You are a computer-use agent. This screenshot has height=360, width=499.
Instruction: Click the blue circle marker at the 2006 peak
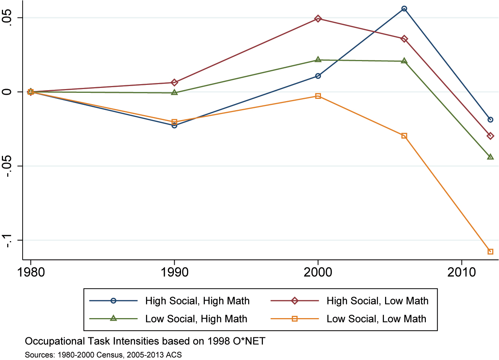[x=404, y=9]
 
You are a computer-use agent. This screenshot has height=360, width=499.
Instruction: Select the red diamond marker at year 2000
[x=318, y=19]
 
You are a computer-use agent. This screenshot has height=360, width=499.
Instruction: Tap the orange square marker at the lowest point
[x=490, y=252]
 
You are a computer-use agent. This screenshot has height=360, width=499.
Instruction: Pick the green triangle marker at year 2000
[x=318, y=60]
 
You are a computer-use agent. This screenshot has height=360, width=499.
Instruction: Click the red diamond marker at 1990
[x=174, y=83]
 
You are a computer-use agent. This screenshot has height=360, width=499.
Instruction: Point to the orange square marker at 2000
[x=318, y=96]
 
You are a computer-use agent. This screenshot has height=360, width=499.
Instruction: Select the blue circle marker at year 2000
[x=318, y=76]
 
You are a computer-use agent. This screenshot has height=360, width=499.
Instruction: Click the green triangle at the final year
[x=490, y=157]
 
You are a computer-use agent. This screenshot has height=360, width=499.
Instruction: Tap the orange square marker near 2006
[x=404, y=136]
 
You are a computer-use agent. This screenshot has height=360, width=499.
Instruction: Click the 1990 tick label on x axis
[x=174, y=272]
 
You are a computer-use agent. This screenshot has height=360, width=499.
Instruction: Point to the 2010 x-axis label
[x=462, y=272]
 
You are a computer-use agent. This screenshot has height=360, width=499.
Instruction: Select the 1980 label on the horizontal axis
[x=31, y=272]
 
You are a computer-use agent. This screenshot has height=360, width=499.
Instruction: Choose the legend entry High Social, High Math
[x=197, y=301]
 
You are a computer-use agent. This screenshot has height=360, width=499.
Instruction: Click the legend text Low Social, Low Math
[x=376, y=319]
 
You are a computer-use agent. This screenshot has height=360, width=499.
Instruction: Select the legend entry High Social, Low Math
[x=377, y=301]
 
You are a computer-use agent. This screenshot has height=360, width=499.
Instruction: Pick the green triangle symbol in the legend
[x=113, y=318]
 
